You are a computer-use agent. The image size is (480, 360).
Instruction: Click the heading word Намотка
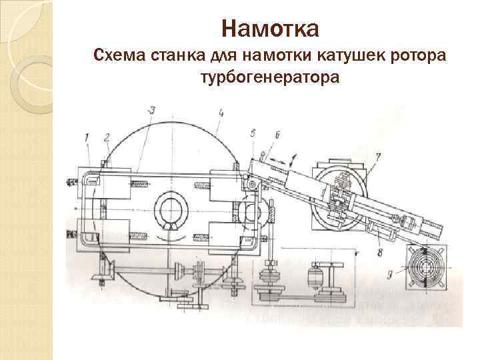[270, 29]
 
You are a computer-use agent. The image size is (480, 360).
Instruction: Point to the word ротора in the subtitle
[415, 54]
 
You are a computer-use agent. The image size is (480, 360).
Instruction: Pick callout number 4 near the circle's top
[221, 113]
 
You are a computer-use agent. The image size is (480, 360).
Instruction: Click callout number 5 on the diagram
[253, 133]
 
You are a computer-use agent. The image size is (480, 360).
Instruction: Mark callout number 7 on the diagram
[378, 157]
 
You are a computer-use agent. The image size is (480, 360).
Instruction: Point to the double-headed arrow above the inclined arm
[283, 158]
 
